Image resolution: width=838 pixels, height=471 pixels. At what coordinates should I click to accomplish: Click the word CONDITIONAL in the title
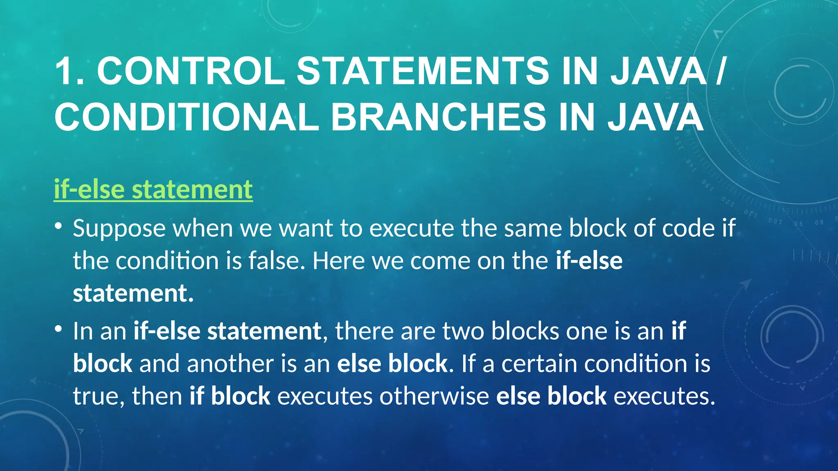click(x=187, y=117)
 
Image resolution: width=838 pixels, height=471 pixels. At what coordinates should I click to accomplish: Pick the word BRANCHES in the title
click(x=438, y=117)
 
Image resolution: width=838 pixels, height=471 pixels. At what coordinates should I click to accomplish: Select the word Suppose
click(x=119, y=229)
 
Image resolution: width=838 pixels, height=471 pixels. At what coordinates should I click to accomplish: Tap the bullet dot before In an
click(x=59, y=328)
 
